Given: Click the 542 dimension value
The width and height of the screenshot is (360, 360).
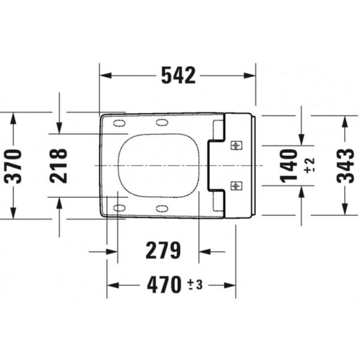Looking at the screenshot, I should coord(178,75).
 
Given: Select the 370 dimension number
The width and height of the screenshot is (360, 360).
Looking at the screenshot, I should coord(13,166).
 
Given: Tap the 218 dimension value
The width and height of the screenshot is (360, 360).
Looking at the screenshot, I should coord(59,166).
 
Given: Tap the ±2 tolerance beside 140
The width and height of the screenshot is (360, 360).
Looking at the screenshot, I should coord(310,165).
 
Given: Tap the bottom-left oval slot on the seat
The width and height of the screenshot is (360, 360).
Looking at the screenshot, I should coord(119,208).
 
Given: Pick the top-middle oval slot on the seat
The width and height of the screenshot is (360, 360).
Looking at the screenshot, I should coord(161,123).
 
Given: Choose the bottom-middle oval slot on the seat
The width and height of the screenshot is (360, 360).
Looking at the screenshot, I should coord(161,208).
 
